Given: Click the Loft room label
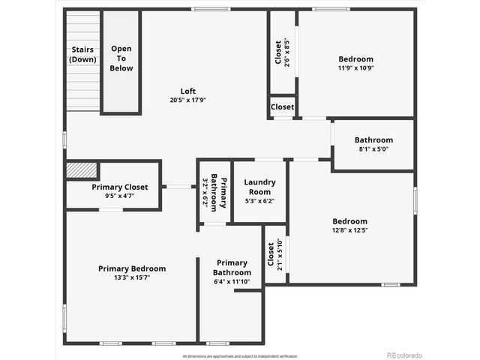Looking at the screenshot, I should pos(188,91).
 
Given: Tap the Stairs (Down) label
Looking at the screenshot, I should pos(82,54).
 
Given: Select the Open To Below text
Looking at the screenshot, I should pos(121,58).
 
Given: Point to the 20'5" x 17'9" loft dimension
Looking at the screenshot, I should pos(188,100).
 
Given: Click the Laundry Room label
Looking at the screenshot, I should pos(259,187).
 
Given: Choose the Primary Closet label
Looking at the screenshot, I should pos(120,187).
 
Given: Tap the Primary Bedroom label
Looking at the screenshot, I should pos(132,268).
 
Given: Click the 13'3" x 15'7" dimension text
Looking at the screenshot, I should pos(132,278).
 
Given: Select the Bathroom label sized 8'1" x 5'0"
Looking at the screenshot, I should pos(373,139).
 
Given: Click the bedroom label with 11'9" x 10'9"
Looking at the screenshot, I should pos(355,59).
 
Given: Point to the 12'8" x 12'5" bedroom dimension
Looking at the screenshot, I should pos(350,230).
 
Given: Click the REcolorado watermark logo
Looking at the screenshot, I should pos(404,355).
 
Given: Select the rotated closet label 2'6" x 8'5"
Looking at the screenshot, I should pos(280,52).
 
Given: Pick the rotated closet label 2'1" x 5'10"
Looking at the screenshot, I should pos(274,253).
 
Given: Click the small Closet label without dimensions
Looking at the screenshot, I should pos(283,107).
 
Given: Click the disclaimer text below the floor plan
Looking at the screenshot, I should pos(240,355).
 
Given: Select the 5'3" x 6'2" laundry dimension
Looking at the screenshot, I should pos(259,201).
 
